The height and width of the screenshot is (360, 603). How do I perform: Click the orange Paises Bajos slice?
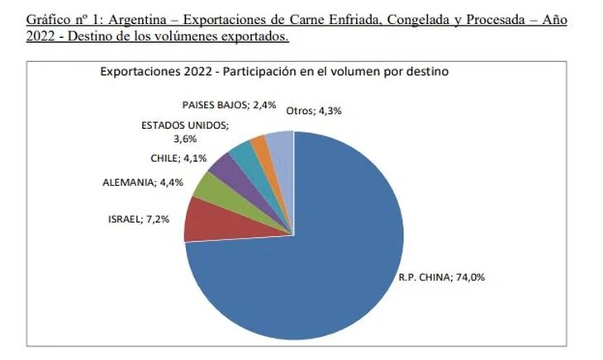259,144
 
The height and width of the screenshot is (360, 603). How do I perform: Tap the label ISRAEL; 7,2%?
139,220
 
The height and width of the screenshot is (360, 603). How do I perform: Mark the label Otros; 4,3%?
315,110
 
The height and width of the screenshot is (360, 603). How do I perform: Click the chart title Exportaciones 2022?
273,72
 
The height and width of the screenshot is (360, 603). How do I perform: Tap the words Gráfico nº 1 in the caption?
59,19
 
